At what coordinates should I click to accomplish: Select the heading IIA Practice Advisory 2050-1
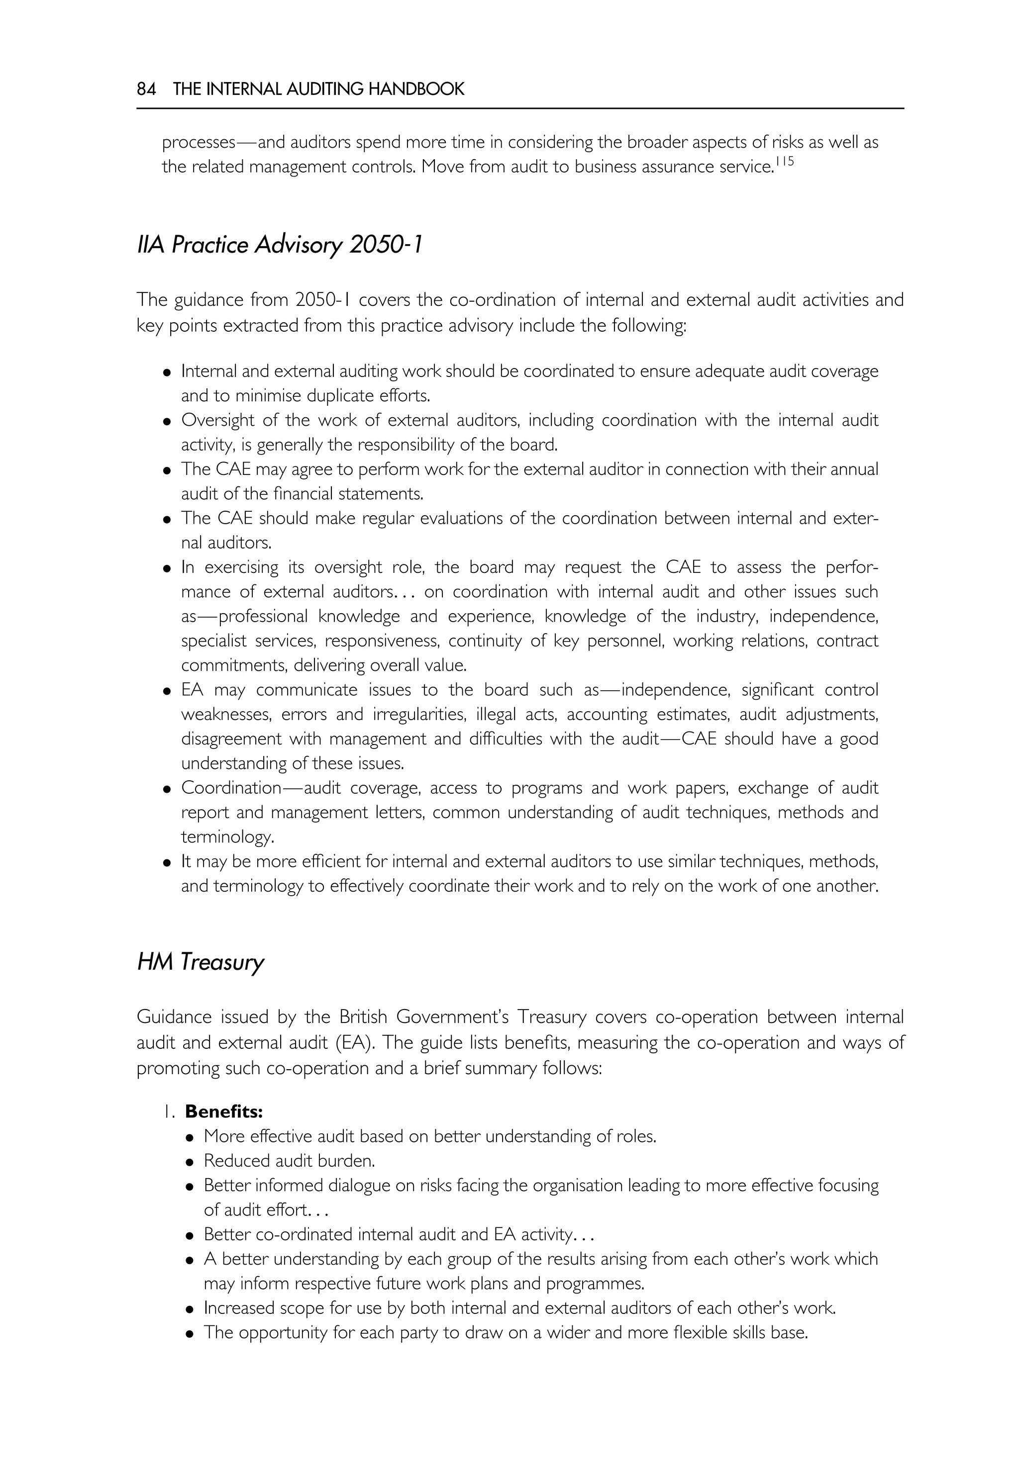point(280,245)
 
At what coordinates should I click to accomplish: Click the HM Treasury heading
point(200,962)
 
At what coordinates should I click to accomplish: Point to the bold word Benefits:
point(223,1112)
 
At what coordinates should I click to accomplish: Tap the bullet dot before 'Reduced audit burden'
point(190,1162)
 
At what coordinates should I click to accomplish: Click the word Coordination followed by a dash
point(231,788)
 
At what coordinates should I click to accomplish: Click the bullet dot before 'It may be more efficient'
point(167,863)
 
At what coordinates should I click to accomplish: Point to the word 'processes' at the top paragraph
point(199,142)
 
